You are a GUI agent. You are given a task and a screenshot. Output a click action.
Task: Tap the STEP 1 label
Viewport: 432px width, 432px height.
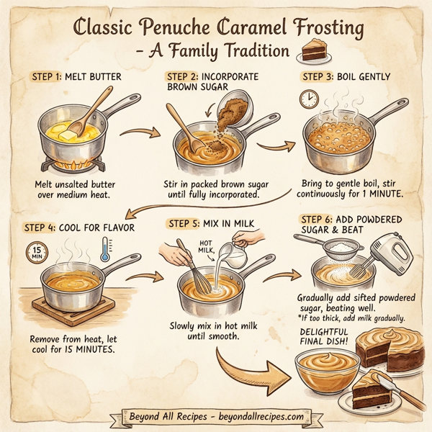coord(48,76)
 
